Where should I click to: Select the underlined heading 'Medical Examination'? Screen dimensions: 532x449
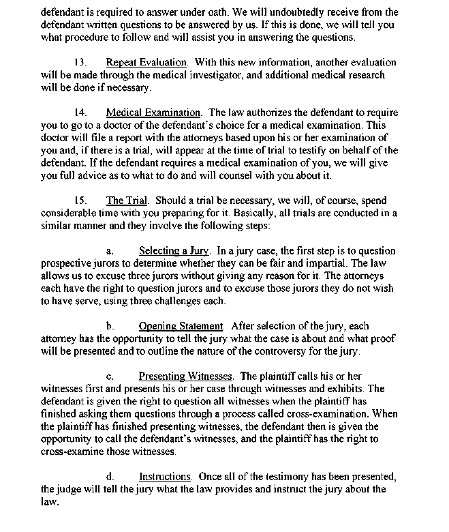coord(153,113)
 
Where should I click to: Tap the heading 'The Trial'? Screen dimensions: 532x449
coord(125,201)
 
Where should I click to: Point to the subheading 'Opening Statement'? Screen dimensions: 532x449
coord(181,326)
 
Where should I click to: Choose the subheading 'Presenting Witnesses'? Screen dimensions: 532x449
coord(186,376)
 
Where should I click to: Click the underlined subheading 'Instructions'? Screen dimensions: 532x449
coord(164,476)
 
